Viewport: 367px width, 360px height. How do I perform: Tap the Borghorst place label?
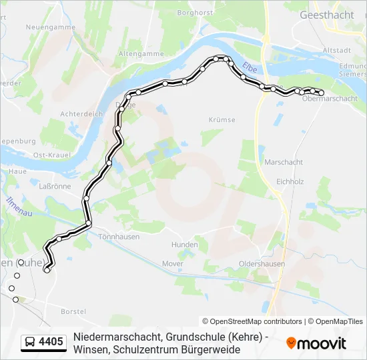click(194, 12)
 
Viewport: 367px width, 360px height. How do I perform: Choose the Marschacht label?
click(284, 162)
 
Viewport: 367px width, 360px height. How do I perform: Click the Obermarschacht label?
click(330, 99)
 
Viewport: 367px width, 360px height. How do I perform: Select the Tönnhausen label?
click(117, 236)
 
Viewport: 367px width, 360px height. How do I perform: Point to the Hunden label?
click(184, 245)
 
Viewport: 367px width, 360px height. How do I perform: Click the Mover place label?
click(172, 263)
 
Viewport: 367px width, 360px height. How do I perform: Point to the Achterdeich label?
click(81, 113)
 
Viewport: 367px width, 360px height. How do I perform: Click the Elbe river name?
click(249, 67)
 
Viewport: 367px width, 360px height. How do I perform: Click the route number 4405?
click(51, 343)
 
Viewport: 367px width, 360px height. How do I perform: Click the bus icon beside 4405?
click(30, 343)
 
